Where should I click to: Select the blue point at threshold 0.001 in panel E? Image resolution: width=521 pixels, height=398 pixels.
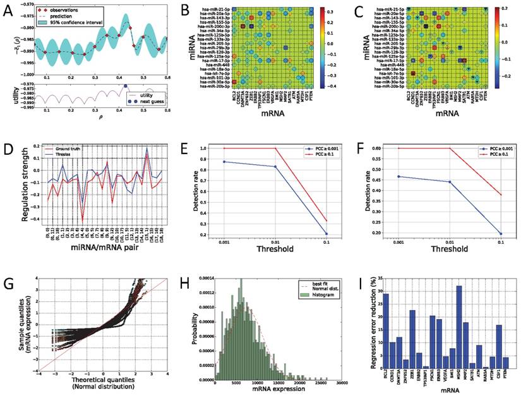(x=208, y=162)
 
